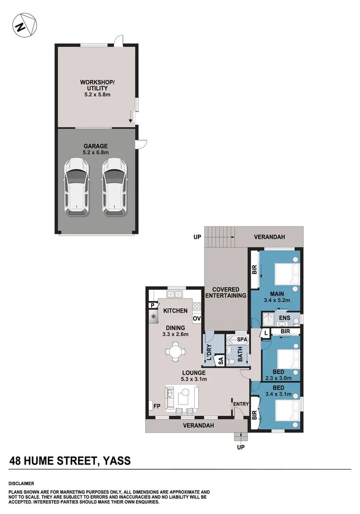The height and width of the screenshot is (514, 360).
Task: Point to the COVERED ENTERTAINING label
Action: (x=225, y=292)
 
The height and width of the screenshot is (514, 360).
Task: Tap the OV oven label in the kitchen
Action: (x=196, y=318)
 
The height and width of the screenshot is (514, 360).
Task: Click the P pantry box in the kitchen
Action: (x=152, y=306)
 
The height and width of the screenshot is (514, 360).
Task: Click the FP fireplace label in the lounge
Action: (x=156, y=405)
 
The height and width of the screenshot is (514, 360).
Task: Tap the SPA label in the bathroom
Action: (x=242, y=340)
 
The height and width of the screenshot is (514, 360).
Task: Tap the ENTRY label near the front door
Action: (x=241, y=404)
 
